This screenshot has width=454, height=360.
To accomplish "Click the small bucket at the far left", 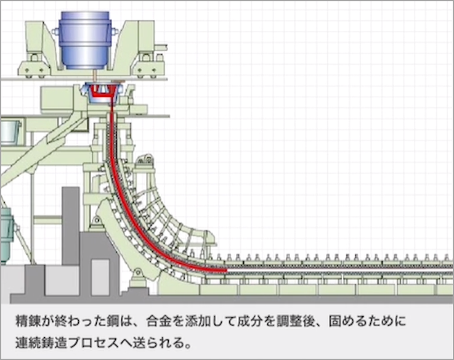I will tap(10, 131).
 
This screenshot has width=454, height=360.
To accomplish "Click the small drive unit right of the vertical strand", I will tap(147, 162).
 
